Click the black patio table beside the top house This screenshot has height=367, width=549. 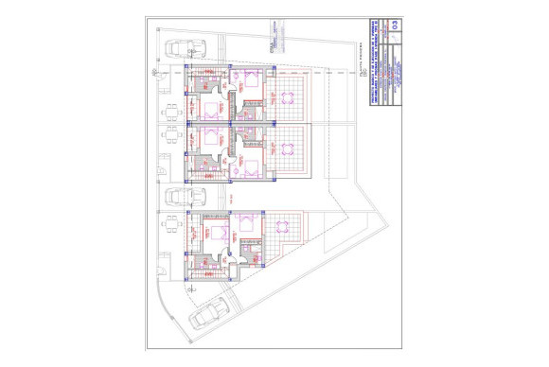(x=171, y=113)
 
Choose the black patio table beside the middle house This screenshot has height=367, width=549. (x=171, y=135)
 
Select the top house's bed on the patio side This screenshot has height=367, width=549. (x=210, y=107)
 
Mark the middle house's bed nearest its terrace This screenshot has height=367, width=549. (x=251, y=166)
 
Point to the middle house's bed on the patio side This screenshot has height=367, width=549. (x=210, y=138)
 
